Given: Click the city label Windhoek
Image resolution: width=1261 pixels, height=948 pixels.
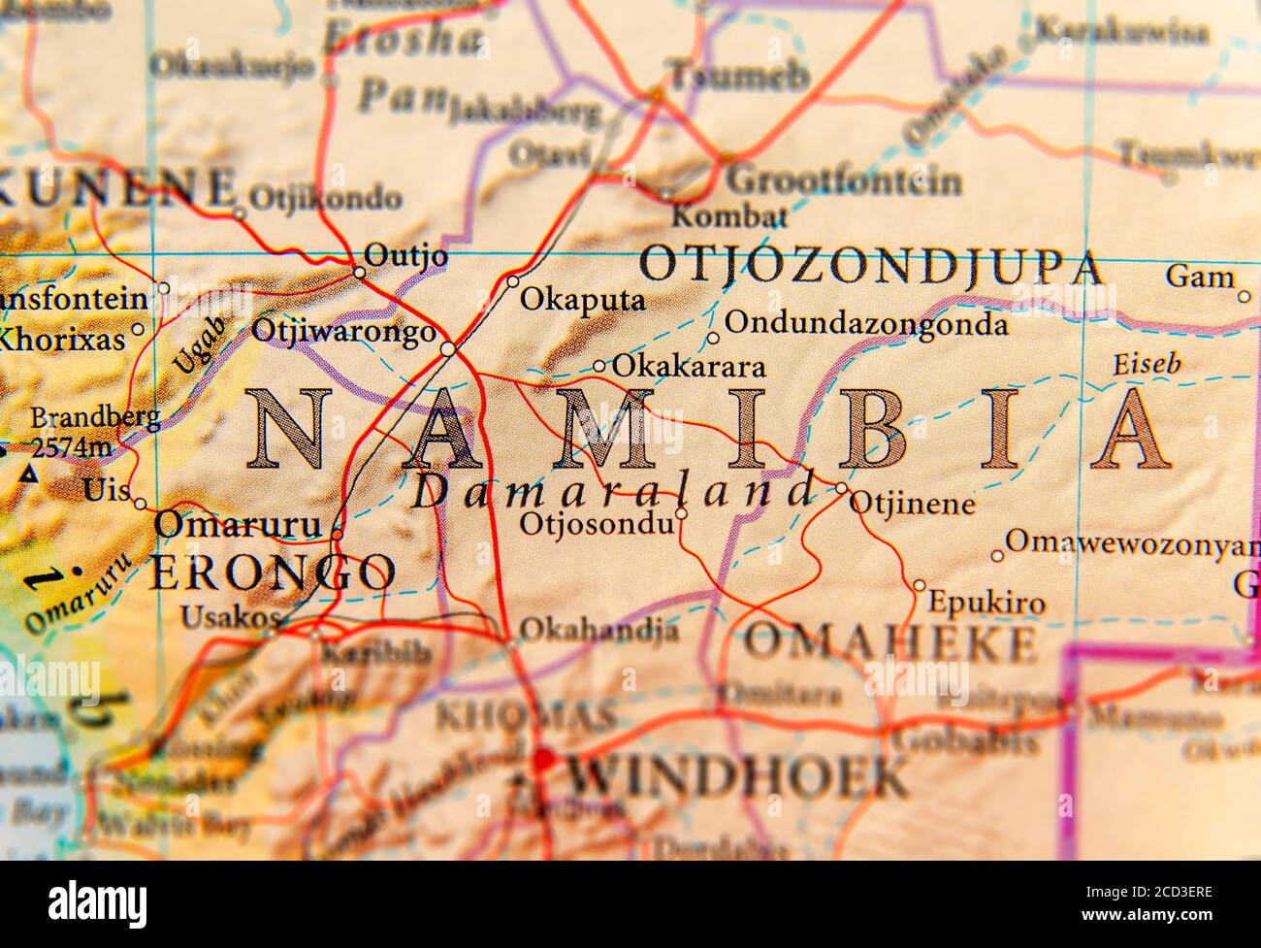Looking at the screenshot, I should [737, 775].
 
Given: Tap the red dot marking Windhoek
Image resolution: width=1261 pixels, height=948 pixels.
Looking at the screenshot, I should [542, 758].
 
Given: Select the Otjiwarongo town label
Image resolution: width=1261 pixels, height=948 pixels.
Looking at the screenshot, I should [343, 331].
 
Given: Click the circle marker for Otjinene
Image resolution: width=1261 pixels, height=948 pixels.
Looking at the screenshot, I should [840, 487].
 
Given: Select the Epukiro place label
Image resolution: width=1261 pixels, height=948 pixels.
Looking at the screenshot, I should [986, 603].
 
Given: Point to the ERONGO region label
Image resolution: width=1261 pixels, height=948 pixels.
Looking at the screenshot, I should [272, 572].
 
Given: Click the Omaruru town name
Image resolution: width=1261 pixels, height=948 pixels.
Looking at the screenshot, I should [237, 525].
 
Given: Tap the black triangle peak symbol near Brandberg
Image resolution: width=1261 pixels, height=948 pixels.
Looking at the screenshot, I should [30, 474].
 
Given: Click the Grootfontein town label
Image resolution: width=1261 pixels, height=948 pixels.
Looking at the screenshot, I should [844, 180].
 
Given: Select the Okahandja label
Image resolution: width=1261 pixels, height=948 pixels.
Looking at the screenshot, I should [598, 630].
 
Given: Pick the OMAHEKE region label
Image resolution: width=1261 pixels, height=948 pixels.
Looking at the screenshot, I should [889, 642].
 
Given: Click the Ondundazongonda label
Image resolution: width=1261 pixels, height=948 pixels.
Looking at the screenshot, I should [866, 323].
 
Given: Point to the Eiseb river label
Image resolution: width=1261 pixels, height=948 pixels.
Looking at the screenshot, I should [1146, 365].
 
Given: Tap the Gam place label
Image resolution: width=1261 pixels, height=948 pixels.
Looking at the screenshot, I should [1199, 277].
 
